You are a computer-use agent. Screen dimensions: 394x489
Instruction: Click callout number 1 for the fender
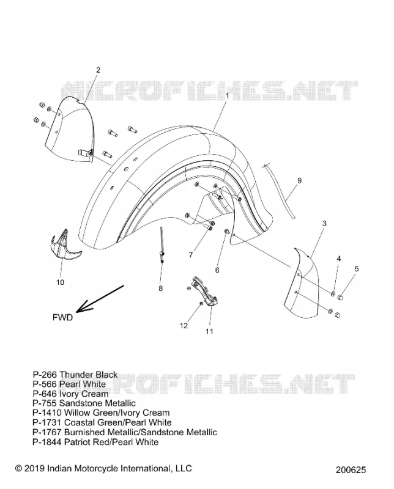227,96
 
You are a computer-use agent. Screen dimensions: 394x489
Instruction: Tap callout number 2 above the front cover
98,70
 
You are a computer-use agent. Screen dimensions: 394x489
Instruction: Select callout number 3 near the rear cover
324,223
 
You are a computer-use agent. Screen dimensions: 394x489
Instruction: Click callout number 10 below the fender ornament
60,282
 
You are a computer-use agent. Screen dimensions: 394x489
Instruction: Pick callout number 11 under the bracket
209,331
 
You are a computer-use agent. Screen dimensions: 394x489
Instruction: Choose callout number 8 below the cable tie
160,288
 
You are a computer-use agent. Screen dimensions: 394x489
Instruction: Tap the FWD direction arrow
100,298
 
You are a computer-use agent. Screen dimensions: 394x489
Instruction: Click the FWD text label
63,317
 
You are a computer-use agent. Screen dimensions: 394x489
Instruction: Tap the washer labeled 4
333,293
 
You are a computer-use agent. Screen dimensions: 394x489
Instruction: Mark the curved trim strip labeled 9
279,191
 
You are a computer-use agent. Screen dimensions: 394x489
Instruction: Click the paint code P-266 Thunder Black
75,374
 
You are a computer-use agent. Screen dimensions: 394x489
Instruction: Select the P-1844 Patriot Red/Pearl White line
95,441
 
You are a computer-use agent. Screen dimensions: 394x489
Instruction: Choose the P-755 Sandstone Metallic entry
84,403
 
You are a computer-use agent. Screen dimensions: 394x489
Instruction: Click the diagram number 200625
351,469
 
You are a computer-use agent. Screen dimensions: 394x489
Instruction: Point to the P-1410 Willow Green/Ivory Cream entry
101,413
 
